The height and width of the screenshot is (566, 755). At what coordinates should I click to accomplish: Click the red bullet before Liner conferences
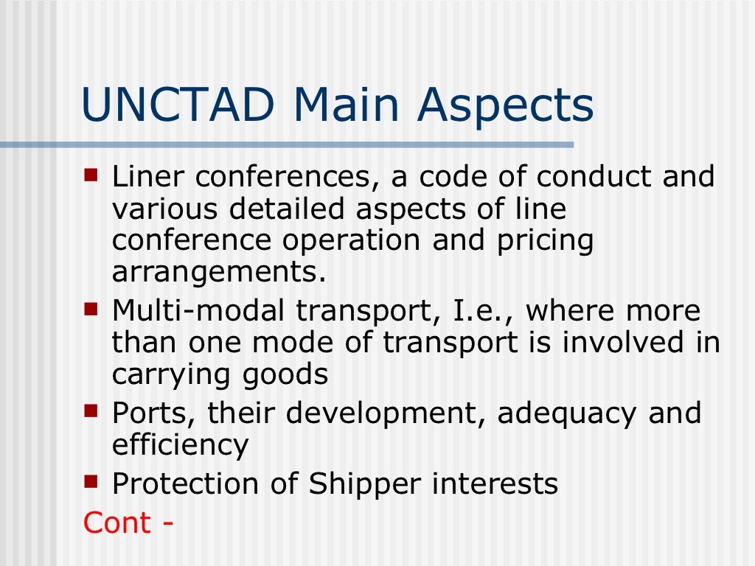(x=91, y=176)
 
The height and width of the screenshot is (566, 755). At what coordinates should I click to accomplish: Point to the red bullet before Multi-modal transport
(x=91, y=311)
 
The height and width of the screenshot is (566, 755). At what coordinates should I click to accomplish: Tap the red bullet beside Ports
(x=91, y=412)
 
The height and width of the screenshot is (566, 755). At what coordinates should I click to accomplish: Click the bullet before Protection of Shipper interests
(x=91, y=483)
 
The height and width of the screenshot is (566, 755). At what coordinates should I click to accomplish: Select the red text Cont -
(x=128, y=523)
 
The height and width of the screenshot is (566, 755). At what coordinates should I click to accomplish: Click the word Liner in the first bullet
(x=148, y=178)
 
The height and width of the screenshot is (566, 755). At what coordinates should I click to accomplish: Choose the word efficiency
(x=180, y=445)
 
